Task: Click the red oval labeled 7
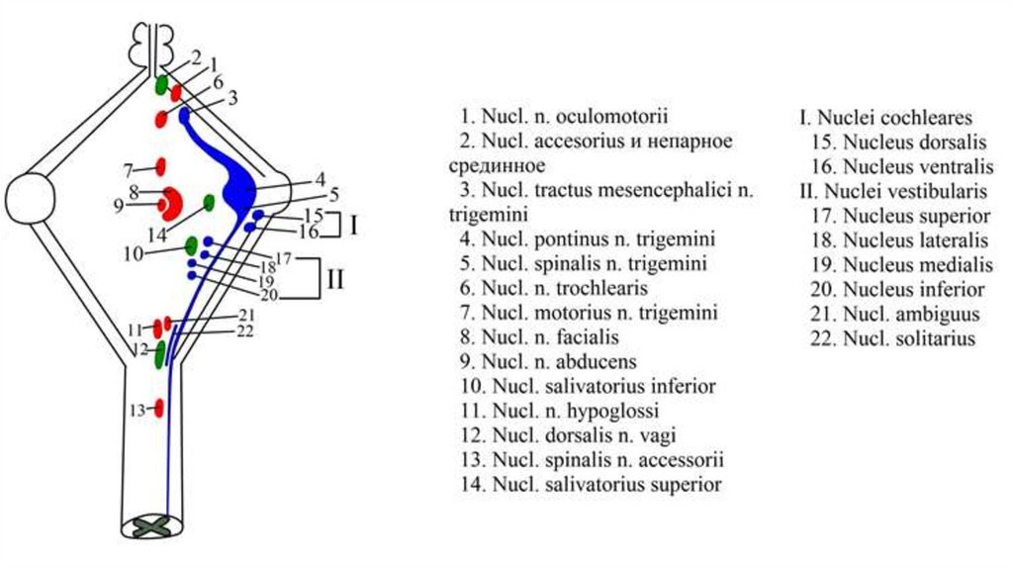pyautogui.click(x=159, y=167)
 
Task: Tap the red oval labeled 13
pyautogui.click(x=158, y=408)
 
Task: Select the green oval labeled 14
pyautogui.click(x=209, y=203)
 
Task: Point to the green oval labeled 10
pyautogui.click(x=191, y=245)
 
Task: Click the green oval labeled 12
pyautogui.click(x=160, y=354)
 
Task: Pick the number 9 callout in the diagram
pyautogui.click(x=119, y=206)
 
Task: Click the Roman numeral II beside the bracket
pyautogui.click(x=336, y=278)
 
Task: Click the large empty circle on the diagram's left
pyautogui.click(x=27, y=196)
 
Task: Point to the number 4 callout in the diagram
pyautogui.click(x=321, y=179)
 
